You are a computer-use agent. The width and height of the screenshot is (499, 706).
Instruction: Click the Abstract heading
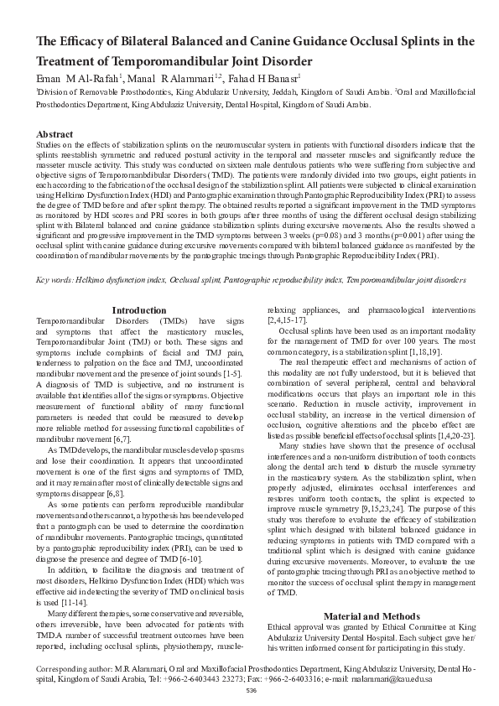click(x=55, y=134)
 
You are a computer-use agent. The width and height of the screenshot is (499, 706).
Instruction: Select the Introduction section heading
click(x=139, y=310)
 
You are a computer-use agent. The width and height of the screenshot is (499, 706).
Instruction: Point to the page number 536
click(x=251, y=689)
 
